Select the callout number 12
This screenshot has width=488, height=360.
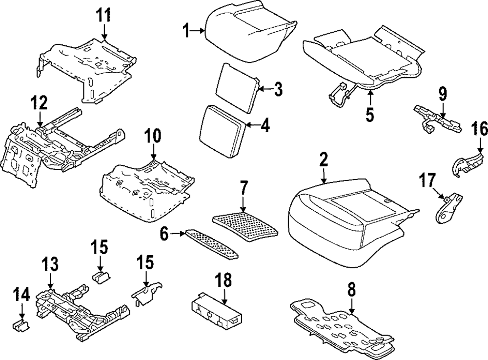40,103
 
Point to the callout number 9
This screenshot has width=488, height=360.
442,93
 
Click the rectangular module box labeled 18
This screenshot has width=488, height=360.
214,309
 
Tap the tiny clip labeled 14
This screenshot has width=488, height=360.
20,325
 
